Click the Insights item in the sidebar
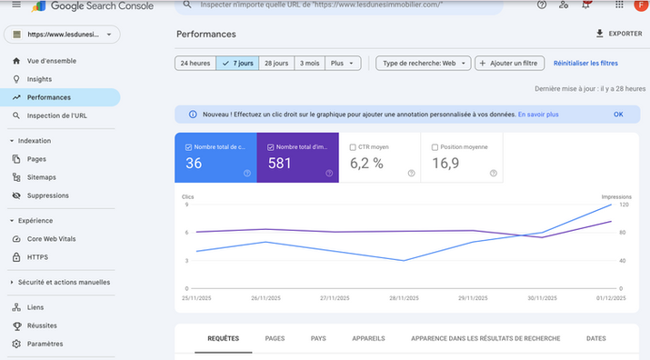[39, 79]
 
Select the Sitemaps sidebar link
[41, 177]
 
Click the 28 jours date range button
[275, 64]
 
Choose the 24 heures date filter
[195, 64]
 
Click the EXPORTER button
[618, 34]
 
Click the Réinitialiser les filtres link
[585, 64]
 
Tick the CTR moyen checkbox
[353, 146]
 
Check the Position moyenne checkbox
[435, 146]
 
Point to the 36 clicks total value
[194, 164]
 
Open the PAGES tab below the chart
[275, 338]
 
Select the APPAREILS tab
[366, 338]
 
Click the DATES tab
[595, 338]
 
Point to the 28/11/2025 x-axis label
[404, 298]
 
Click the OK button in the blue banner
[618, 115]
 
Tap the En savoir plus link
[538, 115]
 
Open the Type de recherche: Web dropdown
[423, 64]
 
